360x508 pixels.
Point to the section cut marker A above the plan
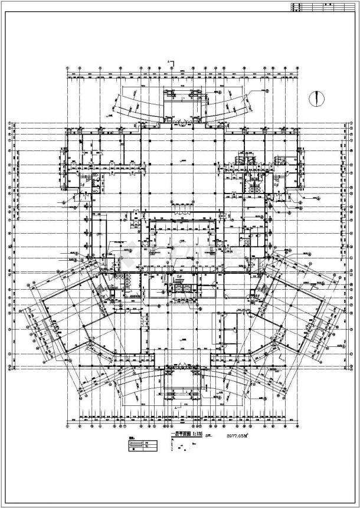tap(170, 61)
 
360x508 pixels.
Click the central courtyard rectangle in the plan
tap(183, 241)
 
